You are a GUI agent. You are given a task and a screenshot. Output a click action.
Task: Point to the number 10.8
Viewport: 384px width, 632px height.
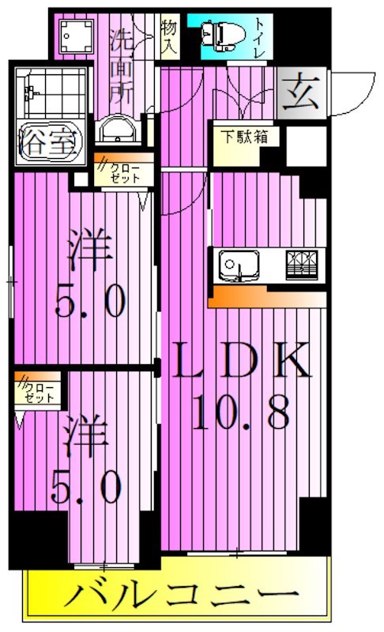pos(240,410)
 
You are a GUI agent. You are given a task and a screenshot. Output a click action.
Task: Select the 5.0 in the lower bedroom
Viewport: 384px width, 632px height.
pos(86,487)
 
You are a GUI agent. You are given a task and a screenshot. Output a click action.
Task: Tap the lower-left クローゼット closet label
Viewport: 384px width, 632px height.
pos(36,392)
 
